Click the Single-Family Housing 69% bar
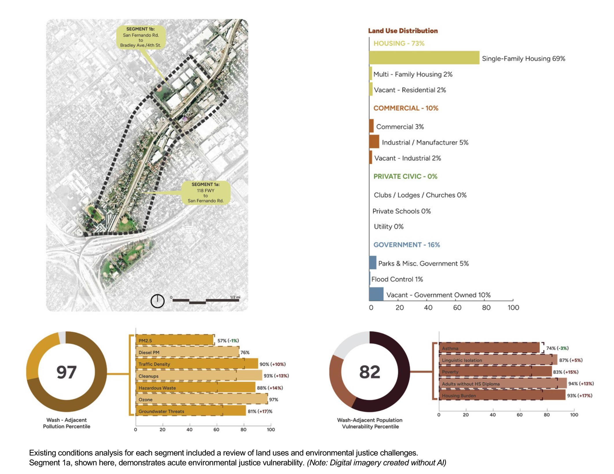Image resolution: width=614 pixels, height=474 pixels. pyautogui.click(x=424, y=58)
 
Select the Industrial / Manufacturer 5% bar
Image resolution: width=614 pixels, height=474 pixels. pyautogui.click(x=374, y=142)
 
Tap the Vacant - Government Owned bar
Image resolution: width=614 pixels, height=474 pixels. pyautogui.click(x=376, y=294)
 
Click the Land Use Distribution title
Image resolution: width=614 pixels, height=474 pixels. pyautogui.click(x=402, y=31)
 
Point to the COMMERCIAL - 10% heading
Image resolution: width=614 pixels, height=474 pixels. pyautogui.click(x=405, y=108)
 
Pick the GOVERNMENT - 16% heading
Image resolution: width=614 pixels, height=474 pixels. pyautogui.click(x=406, y=245)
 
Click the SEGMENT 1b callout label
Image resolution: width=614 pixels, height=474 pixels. pyautogui.click(x=141, y=37)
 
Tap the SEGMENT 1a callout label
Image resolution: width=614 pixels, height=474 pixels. pyautogui.click(x=205, y=192)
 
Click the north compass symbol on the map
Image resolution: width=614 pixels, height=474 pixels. pyautogui.click(x=157, y=301)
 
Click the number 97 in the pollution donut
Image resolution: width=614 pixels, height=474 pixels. pyautogui.click(x=67, y=372)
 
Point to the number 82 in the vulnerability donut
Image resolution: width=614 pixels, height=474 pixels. pyautogui.click(x=369, y=372)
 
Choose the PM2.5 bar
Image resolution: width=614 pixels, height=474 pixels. pyautogui.click(x=175, y=340)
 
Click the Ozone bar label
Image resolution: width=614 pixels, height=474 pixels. pyautogui.click(x=146, y=400)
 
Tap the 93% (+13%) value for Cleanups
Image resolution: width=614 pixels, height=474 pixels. pyautogui.click(x=276, y=376)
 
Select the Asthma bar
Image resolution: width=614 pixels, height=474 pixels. pyautogui.click(x=489, y=348)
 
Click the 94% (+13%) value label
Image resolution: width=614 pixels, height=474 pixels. pyautogui.click(x=581, y=383)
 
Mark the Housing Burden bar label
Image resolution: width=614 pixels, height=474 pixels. pyautogui.click(x=459, y=396)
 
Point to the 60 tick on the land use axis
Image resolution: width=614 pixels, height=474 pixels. pyautogui.click(x=457, y=307)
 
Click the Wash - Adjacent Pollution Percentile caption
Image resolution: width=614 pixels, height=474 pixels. pyautogui.click(x=67, y=423)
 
